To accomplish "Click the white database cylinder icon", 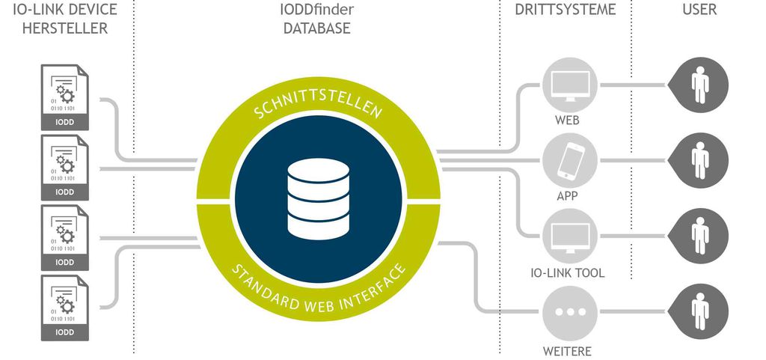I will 318,198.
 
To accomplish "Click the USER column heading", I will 699,10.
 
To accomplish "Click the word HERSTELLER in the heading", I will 67,28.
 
